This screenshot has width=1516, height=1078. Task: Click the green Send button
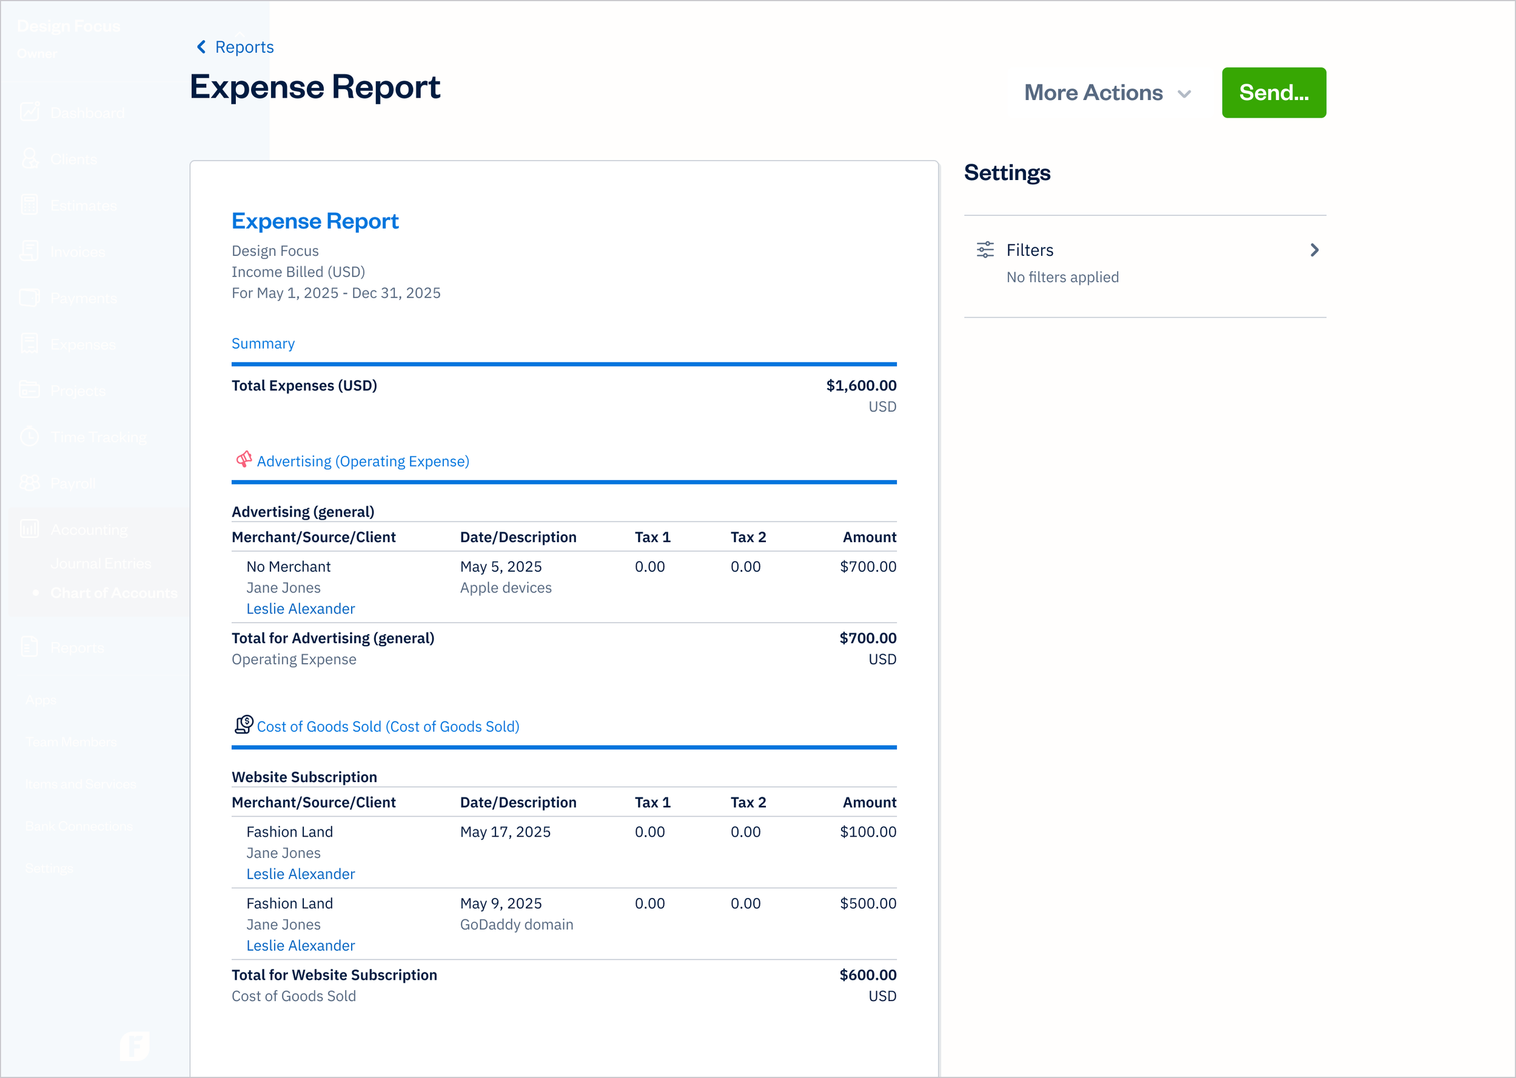1273,92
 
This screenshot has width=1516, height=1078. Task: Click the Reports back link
236,47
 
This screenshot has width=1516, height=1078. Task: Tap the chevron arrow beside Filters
1313,250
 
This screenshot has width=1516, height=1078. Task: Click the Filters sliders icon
985,250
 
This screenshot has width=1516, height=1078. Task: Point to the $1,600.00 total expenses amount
860,386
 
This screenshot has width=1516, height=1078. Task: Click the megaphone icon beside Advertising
244,460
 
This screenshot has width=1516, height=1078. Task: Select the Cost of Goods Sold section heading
387,727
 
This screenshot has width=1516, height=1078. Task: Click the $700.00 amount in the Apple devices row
867,567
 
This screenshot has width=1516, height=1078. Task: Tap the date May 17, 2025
505,832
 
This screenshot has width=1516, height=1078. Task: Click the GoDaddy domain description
517,925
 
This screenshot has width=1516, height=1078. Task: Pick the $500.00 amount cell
867,904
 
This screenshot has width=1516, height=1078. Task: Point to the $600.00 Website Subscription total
867,975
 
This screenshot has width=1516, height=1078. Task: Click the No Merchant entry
288,567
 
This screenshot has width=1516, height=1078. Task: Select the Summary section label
263,344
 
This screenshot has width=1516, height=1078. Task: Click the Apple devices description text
506,588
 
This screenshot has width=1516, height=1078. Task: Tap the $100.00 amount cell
867,832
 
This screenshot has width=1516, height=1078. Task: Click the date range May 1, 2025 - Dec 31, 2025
336,293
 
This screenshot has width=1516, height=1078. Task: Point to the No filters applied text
1062,278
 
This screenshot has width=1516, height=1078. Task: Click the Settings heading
1007,173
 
